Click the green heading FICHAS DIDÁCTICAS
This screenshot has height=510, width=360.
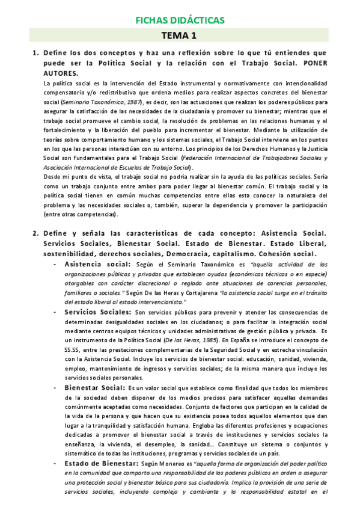coord(180,21)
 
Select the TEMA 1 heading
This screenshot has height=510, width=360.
coord(180,37)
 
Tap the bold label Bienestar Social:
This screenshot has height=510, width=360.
coord(94,388)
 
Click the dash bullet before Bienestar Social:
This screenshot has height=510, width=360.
coord(55,388)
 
